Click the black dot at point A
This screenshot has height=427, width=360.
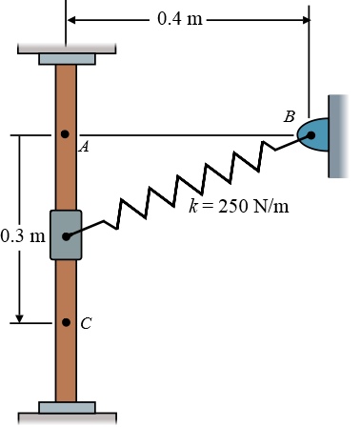pos(65,134)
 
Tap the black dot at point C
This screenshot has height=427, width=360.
pos(66,322)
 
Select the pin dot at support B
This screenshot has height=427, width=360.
pos(311,135)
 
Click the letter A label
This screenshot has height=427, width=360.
pos(84,147)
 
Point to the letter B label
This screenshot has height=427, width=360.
pos(290,116)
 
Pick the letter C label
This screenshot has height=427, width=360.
pos(86,324)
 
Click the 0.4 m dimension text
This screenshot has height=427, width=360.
pos(180,19)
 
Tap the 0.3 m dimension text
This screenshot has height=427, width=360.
pos(23,236)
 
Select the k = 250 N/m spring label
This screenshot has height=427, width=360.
pos(239,206)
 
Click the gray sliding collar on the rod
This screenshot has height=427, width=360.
pos(66,235)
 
